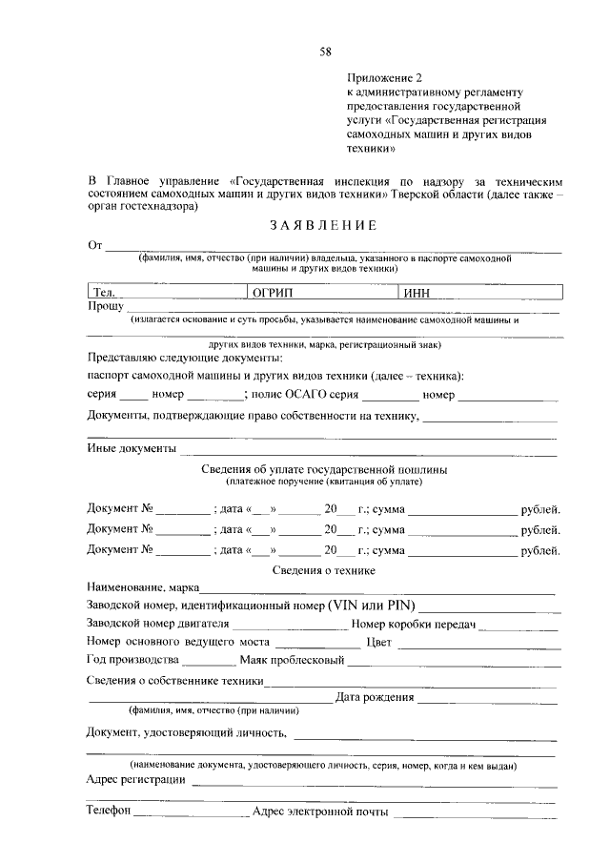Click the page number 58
pyautogui.click(x=325, y=49)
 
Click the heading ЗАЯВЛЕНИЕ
pyautogui.click(x=323, y=226)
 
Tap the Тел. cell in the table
pyautogui.click(x=166, y=293)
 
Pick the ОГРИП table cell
pyautogui.click(x=321, y=293)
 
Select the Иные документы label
pyautogui.click(x=132, y=448)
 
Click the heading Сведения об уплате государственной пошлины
pyautogui.click(x=325, y=470)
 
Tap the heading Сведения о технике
pyautogui.click(x=324, y=570)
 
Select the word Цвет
pyautogui.click(x=379, y=642)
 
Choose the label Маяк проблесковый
pyautogui.click(x=292, y=660)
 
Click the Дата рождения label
pyautogui.click(x=374, y=698)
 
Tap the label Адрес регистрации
pyautogui.click(x=135, y=779)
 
